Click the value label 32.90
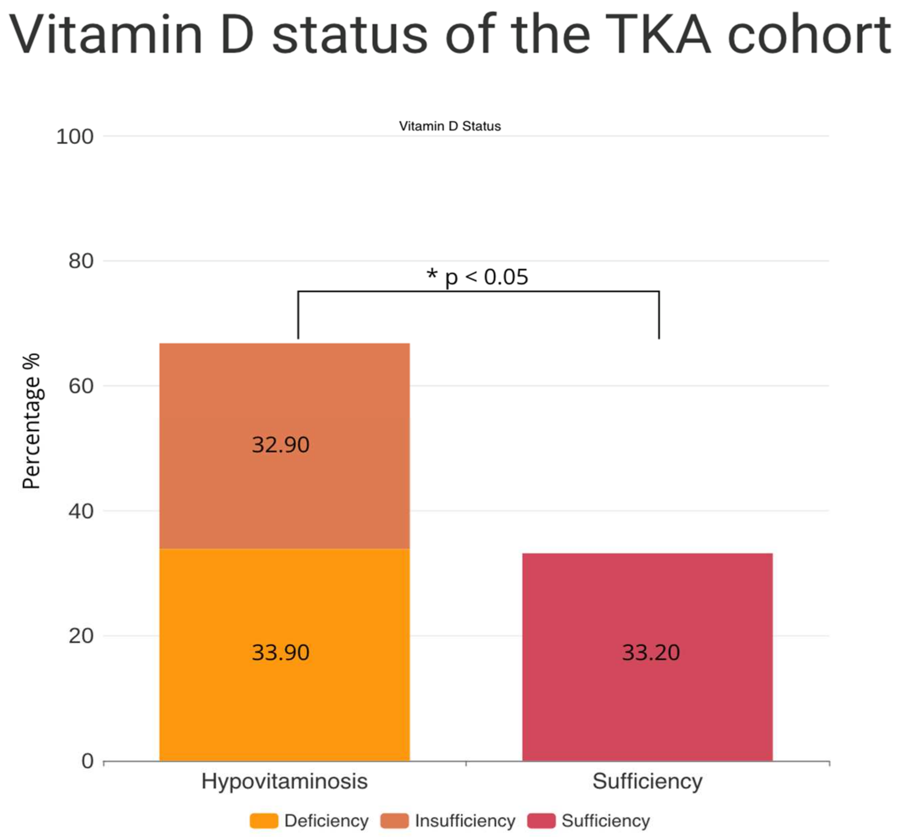point(280,445)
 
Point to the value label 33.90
point(280,653)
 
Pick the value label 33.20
point(651,653)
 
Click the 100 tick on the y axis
point(75,137)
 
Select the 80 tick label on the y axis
point(81,261)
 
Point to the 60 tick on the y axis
point(81,386)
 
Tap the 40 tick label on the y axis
point(81,511)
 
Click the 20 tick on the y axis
point(81,636)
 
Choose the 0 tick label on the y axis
point(87,761)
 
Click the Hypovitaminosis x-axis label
point(284,781)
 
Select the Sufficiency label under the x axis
point(648,781)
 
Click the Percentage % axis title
point(32,421)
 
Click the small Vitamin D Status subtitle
point(449,126)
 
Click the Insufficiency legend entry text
point(465,821)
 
